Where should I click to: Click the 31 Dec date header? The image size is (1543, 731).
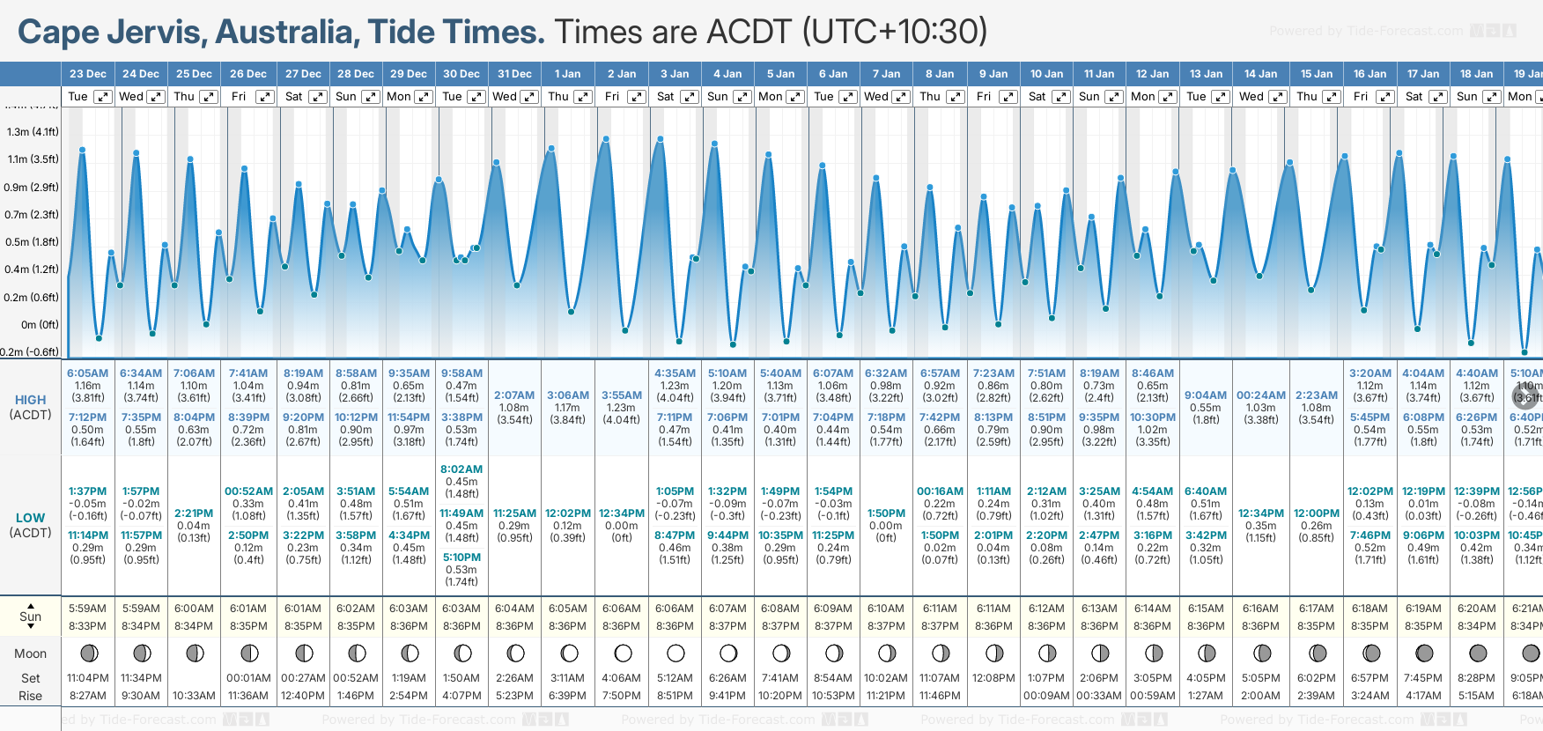coord(514,74)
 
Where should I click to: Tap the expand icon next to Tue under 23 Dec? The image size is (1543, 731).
coord(102,97)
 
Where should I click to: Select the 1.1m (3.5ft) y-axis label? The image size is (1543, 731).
coord(33,159)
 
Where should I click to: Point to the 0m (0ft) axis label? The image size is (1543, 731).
coord(40,324)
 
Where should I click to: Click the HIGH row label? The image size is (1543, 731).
coord(30,400)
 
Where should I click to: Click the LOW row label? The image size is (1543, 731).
coord(30,518)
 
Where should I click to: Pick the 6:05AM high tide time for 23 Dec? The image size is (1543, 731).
coord(87,373)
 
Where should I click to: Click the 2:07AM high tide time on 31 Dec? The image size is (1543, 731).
coord(514,395)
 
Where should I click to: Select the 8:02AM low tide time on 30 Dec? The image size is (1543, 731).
coord(461,469)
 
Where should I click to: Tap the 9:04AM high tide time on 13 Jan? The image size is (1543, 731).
coord(1206,395)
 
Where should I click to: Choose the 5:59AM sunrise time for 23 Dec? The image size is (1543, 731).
coord(87,609)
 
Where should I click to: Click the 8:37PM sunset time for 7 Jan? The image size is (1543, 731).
coord(886,626)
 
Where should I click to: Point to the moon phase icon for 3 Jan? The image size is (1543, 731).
coord(676,653)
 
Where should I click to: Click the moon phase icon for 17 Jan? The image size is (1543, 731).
coord(1424,653)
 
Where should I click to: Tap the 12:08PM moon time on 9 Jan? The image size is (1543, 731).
coord(993,678)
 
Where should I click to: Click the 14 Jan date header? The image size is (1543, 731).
coord(1260,74)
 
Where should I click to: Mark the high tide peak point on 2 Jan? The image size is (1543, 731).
coord(607,139)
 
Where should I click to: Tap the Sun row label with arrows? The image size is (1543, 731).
coord(30,616)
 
